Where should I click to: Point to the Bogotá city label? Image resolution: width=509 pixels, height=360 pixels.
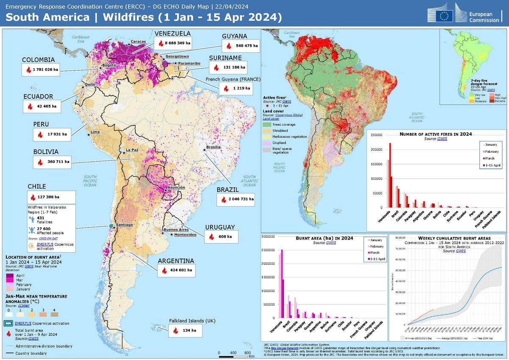click(109, 65)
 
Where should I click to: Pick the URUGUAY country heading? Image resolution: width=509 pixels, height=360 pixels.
click(220, 227)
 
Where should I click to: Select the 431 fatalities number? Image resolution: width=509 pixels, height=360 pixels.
click(41, 218)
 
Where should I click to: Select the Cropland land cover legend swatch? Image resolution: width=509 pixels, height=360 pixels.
click(267, 143)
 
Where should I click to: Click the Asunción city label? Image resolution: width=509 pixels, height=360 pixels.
click(176, 187)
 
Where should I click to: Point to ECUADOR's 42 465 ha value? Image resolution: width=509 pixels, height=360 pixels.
click(48, 106)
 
